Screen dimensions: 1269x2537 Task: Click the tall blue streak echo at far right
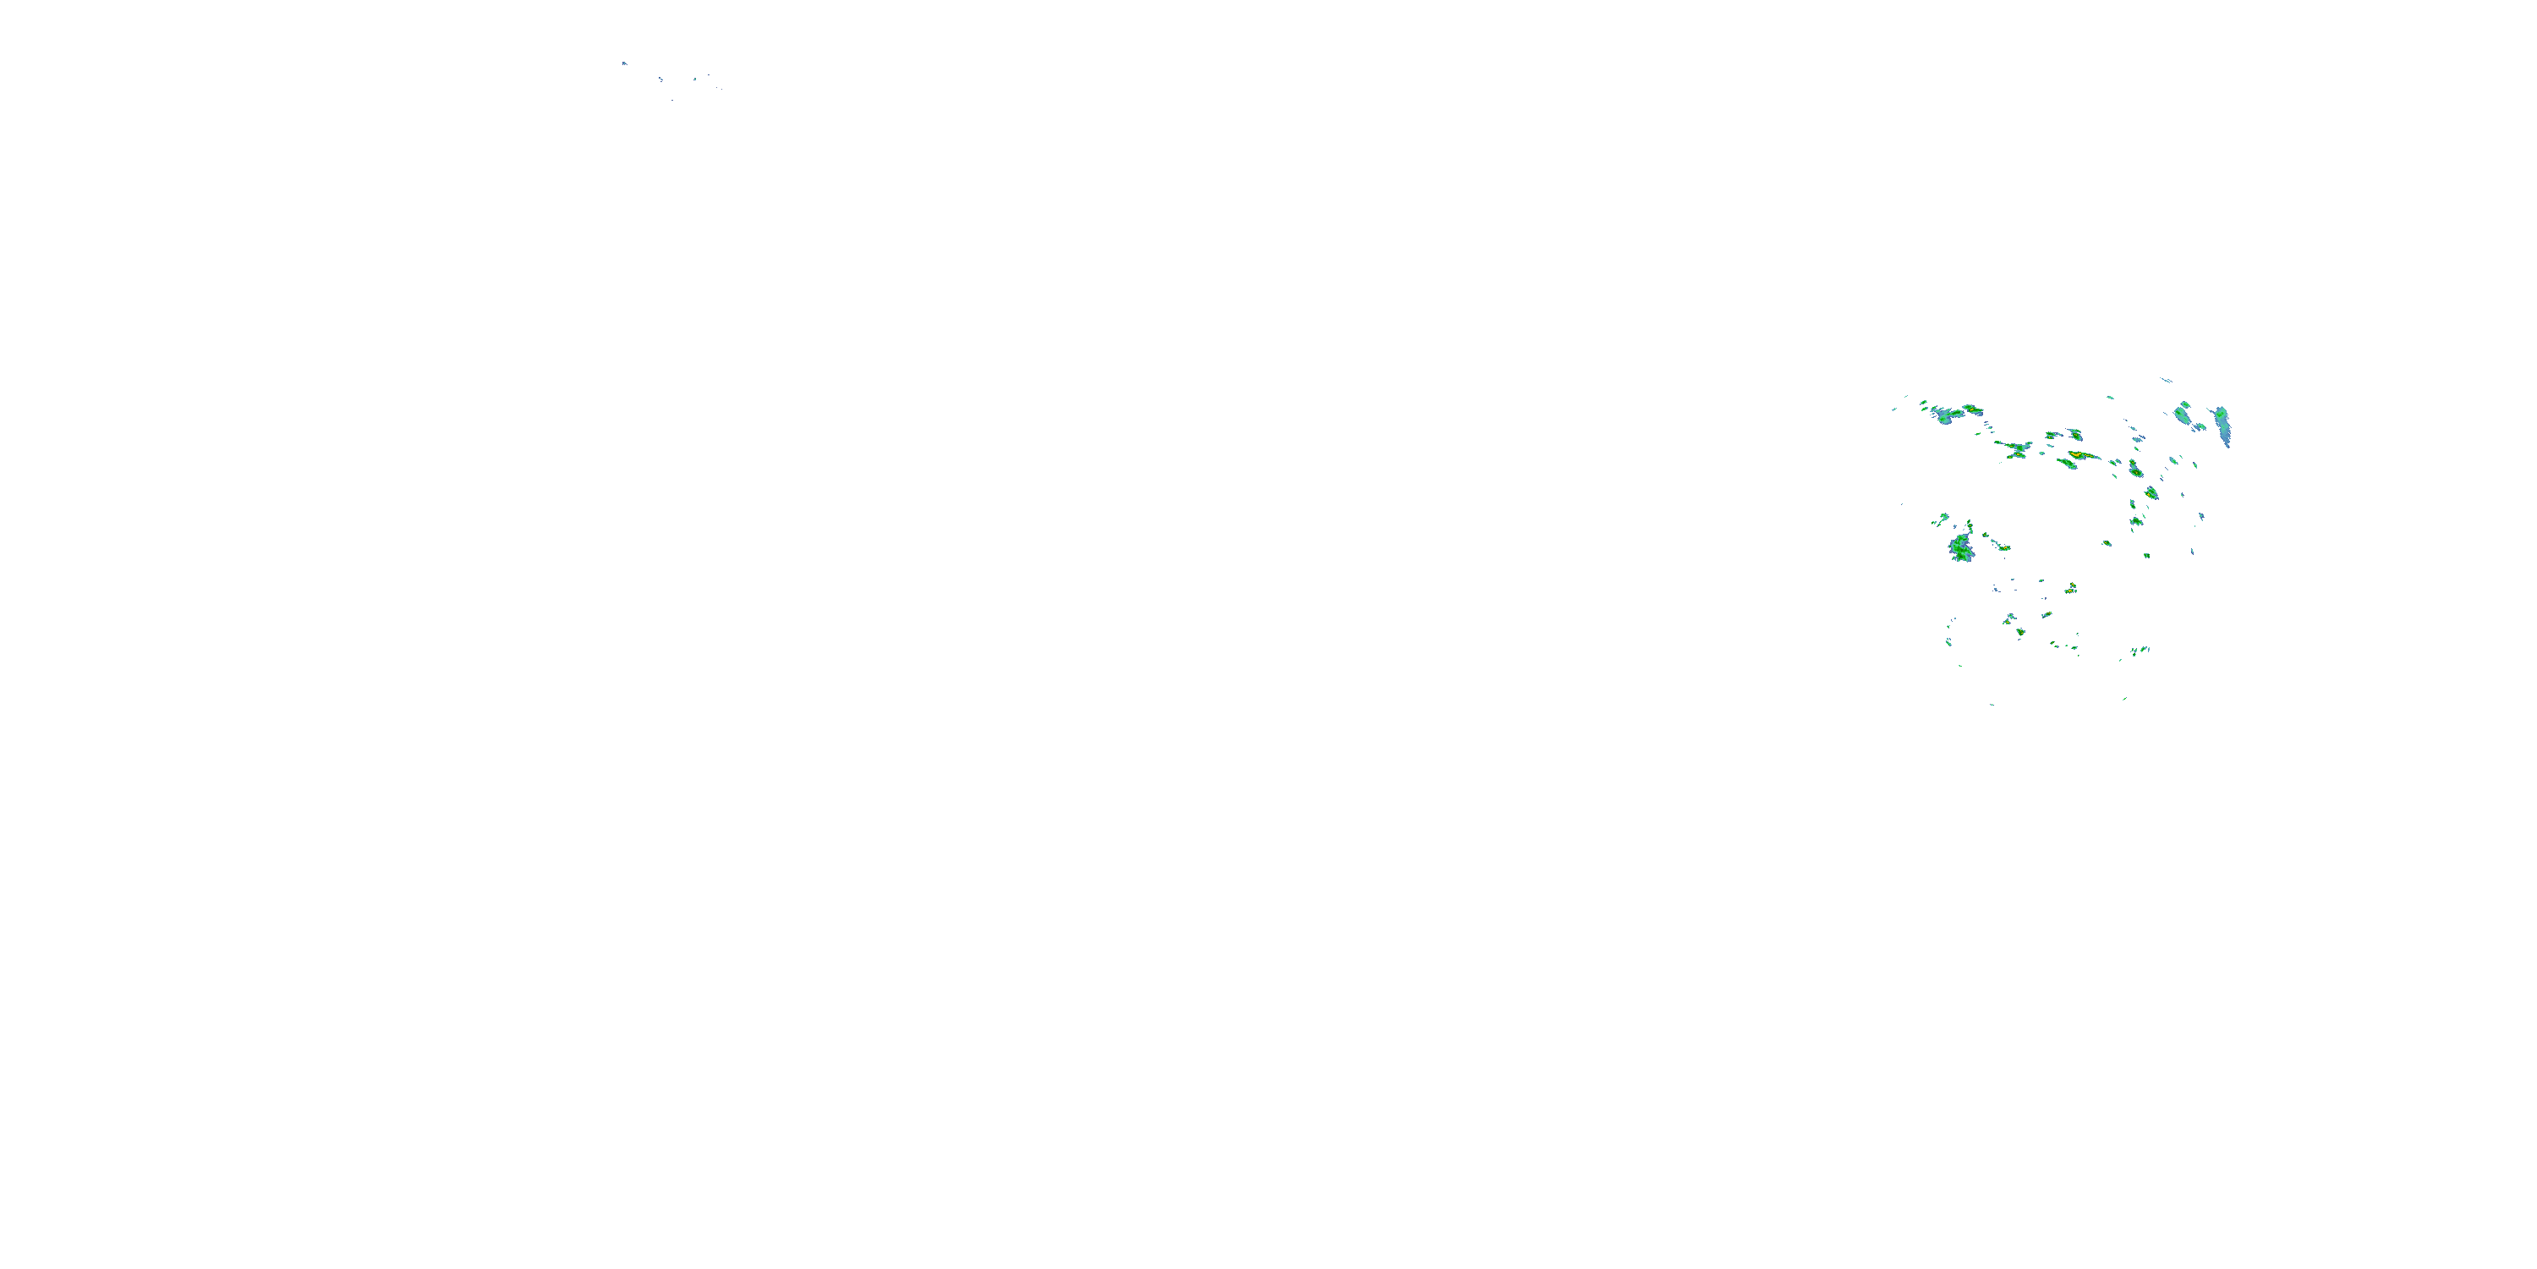2222,425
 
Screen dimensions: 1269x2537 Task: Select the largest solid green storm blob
1961,548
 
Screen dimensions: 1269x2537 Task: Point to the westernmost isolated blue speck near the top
623,63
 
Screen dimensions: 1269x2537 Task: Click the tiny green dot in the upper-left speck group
695,78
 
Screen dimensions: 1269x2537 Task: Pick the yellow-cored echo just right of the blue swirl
1972,408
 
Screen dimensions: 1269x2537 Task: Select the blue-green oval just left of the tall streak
2184,413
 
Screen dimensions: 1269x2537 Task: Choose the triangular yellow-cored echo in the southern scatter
2071,588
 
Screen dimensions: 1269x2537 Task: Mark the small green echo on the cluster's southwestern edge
1949,640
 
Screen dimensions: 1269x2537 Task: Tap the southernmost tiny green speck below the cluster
1992,705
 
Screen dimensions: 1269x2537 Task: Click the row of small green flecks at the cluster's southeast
2140,651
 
